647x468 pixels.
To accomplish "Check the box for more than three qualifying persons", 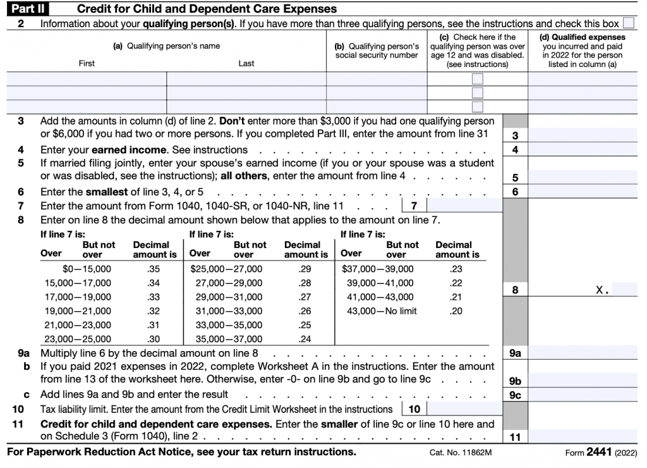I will [628, 23].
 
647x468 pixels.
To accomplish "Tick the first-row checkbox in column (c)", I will [478, 79].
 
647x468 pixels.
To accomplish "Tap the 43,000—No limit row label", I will [379, 311].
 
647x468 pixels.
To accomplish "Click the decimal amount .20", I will [456, 311].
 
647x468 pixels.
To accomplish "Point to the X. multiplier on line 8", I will [602, 290].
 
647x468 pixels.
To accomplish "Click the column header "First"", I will [87, 63].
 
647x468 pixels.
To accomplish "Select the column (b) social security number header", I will [377, 51].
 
